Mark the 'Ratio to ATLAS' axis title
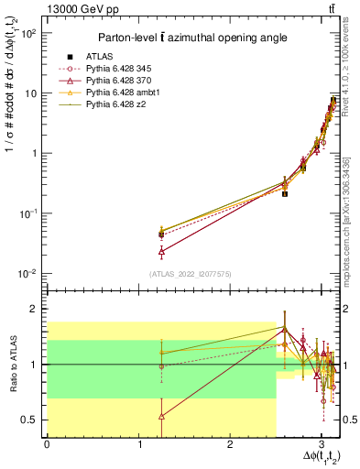pyautogui.click(x=12, y=363)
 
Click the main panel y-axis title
pyautogui.click(x=12, y=147)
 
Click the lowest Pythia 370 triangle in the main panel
pyautogui.click(x=162, y=250)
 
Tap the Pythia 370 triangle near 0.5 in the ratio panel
pyautogui.click(x=162, y=416)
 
